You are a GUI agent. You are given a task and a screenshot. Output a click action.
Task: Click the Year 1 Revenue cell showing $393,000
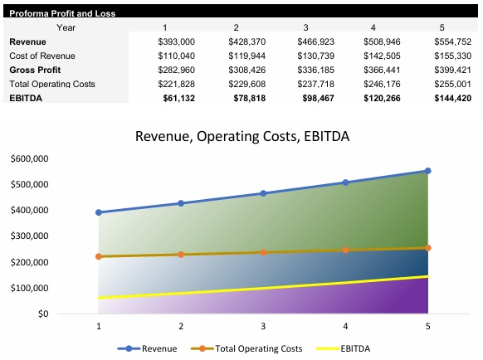coord(176,41)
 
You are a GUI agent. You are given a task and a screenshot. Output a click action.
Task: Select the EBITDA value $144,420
coord(452,98)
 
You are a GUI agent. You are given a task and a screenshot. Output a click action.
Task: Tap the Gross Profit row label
coord(36,70)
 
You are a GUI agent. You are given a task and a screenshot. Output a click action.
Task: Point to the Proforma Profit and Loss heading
coord(62,13)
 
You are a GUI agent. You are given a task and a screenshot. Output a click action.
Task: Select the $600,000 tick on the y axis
coord(29,158)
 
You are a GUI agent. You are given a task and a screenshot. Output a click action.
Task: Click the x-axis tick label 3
coord(263,327)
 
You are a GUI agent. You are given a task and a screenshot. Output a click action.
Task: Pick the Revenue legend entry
coord(154,348)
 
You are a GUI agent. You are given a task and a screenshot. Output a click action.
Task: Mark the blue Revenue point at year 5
coord(428,171)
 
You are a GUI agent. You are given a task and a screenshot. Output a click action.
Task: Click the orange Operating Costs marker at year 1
coord(99,256)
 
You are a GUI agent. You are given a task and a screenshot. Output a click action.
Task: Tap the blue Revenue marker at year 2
coord(181,203)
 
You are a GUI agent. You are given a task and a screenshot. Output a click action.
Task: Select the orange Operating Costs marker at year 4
coord(346,250)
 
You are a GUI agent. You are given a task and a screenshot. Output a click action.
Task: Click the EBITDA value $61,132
coord(176,98)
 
